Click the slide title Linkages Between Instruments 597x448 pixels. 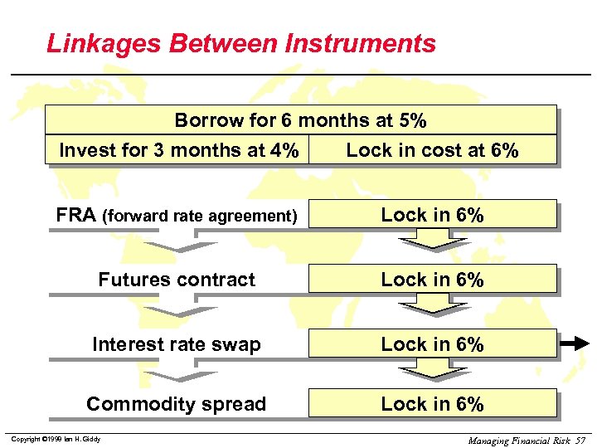click(x=240, y=43)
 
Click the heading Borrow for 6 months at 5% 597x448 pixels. click(x=300, y=120)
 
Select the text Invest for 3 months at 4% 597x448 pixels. click(x=179, y=150)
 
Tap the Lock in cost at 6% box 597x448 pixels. click(x=432, y=150)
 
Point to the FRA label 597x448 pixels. click(x=76, y=215)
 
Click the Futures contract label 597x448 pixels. click(x=177, y=280)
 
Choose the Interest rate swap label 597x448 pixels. click(x=177, y=344)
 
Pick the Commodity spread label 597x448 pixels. click(x=177, y=404)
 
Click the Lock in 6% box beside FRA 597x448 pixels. click(x=432, y=214)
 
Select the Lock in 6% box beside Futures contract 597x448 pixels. click(x=432, y=280)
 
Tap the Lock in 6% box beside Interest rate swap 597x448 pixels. click(x=432, y=344)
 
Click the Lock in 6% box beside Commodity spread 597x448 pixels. click(x=432, y=404)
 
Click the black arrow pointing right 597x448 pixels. click(x=575, y=343)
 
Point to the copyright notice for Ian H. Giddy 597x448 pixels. click(x=56, y=439)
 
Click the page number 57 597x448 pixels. click(x=580, y=439)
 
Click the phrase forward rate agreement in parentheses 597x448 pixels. click(x=199, y=217)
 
